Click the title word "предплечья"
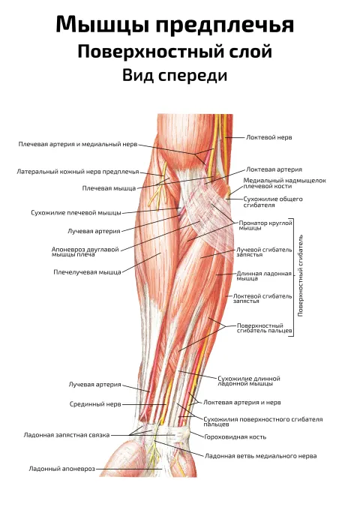pos(225,25)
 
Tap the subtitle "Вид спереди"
pos(175,76)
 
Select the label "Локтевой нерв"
pos(269,137)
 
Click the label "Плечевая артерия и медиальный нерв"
pos(78,144)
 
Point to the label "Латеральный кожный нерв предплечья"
pos(78,172)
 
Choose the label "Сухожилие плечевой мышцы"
pos(76,213)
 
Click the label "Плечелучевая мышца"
pos(87,272)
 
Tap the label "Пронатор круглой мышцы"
pos(265,226)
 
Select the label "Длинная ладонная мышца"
pos(264,276)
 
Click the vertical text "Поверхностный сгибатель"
pos(301,275)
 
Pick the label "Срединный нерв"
pos(95,404)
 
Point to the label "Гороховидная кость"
pos(235,436)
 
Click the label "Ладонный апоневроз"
pos(62,469)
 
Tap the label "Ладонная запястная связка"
pos(67,435)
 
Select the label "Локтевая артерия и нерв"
pos(242,403)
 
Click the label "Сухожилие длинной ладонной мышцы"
pos(249,381)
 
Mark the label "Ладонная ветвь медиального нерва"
pos(260,456)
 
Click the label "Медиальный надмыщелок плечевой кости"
pos(284,183)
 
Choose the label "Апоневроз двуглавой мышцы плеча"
pos(85,252)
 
